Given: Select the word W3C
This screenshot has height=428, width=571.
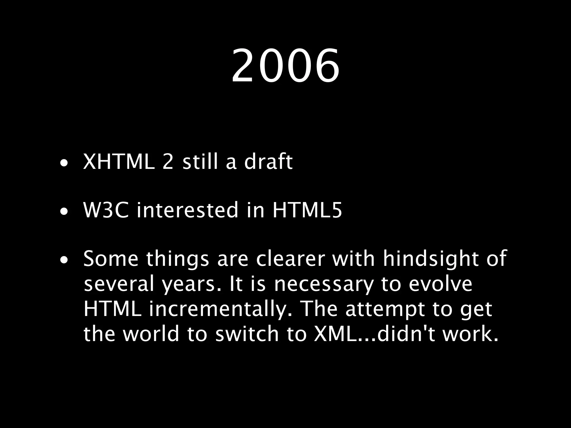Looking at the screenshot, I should coord(106,210).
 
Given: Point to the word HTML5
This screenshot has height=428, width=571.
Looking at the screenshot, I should coord(307,210).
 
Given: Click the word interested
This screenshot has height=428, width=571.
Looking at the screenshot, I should coord(187,210).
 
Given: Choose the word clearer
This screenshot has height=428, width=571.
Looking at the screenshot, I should coord(290,259).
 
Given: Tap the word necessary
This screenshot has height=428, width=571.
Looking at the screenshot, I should coord(323,284).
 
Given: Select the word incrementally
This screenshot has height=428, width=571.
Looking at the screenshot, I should coord(221,309).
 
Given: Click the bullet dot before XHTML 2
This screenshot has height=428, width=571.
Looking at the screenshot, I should coord(64,164).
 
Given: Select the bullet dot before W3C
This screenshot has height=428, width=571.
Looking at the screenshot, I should coord(64,213).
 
